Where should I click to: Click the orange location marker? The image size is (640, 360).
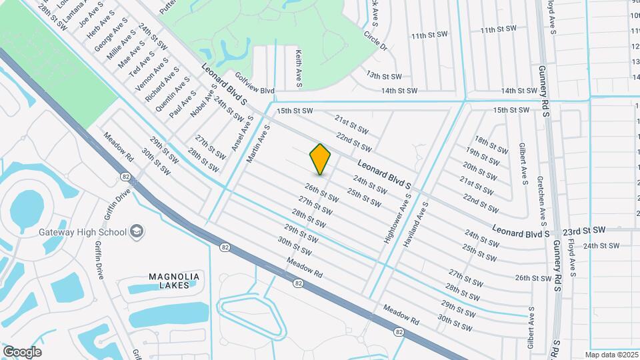320,159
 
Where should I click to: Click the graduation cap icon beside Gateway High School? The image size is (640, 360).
137,231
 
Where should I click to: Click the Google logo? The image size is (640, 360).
22,351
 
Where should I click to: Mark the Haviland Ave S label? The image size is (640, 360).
413,225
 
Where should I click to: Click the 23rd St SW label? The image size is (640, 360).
583,229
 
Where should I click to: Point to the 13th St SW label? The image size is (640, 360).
383,77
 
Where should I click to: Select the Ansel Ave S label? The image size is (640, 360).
243,133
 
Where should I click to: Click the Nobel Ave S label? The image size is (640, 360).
203,101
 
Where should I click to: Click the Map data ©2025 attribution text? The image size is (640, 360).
611,355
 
